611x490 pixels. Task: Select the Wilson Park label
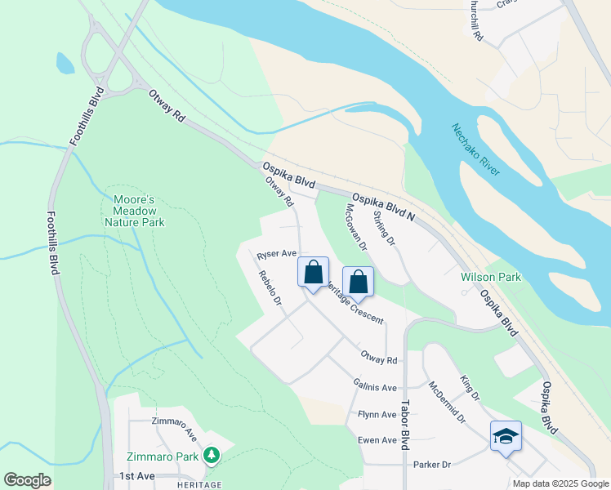pos(490,278)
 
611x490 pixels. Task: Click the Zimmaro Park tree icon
pos(212,454)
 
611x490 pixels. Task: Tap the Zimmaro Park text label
pos(163,456)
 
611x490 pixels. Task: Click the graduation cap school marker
pos(506,436)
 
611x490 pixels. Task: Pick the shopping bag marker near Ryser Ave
pos(314,273)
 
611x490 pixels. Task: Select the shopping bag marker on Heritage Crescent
pos(358,283)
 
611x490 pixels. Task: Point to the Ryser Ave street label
pos(276,255)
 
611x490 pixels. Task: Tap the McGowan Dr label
pos(357,226)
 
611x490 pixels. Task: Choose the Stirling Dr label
pos(384,229)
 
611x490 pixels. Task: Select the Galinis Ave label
pos(375,387)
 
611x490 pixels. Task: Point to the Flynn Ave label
pos(377,415)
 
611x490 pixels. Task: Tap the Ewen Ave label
pos(377,440)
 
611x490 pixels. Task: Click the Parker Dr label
pos(432,465)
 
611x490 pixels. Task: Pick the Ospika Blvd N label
pos(384,205)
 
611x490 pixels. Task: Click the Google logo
pos(27,480)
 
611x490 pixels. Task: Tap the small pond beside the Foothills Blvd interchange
pos(65,63)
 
